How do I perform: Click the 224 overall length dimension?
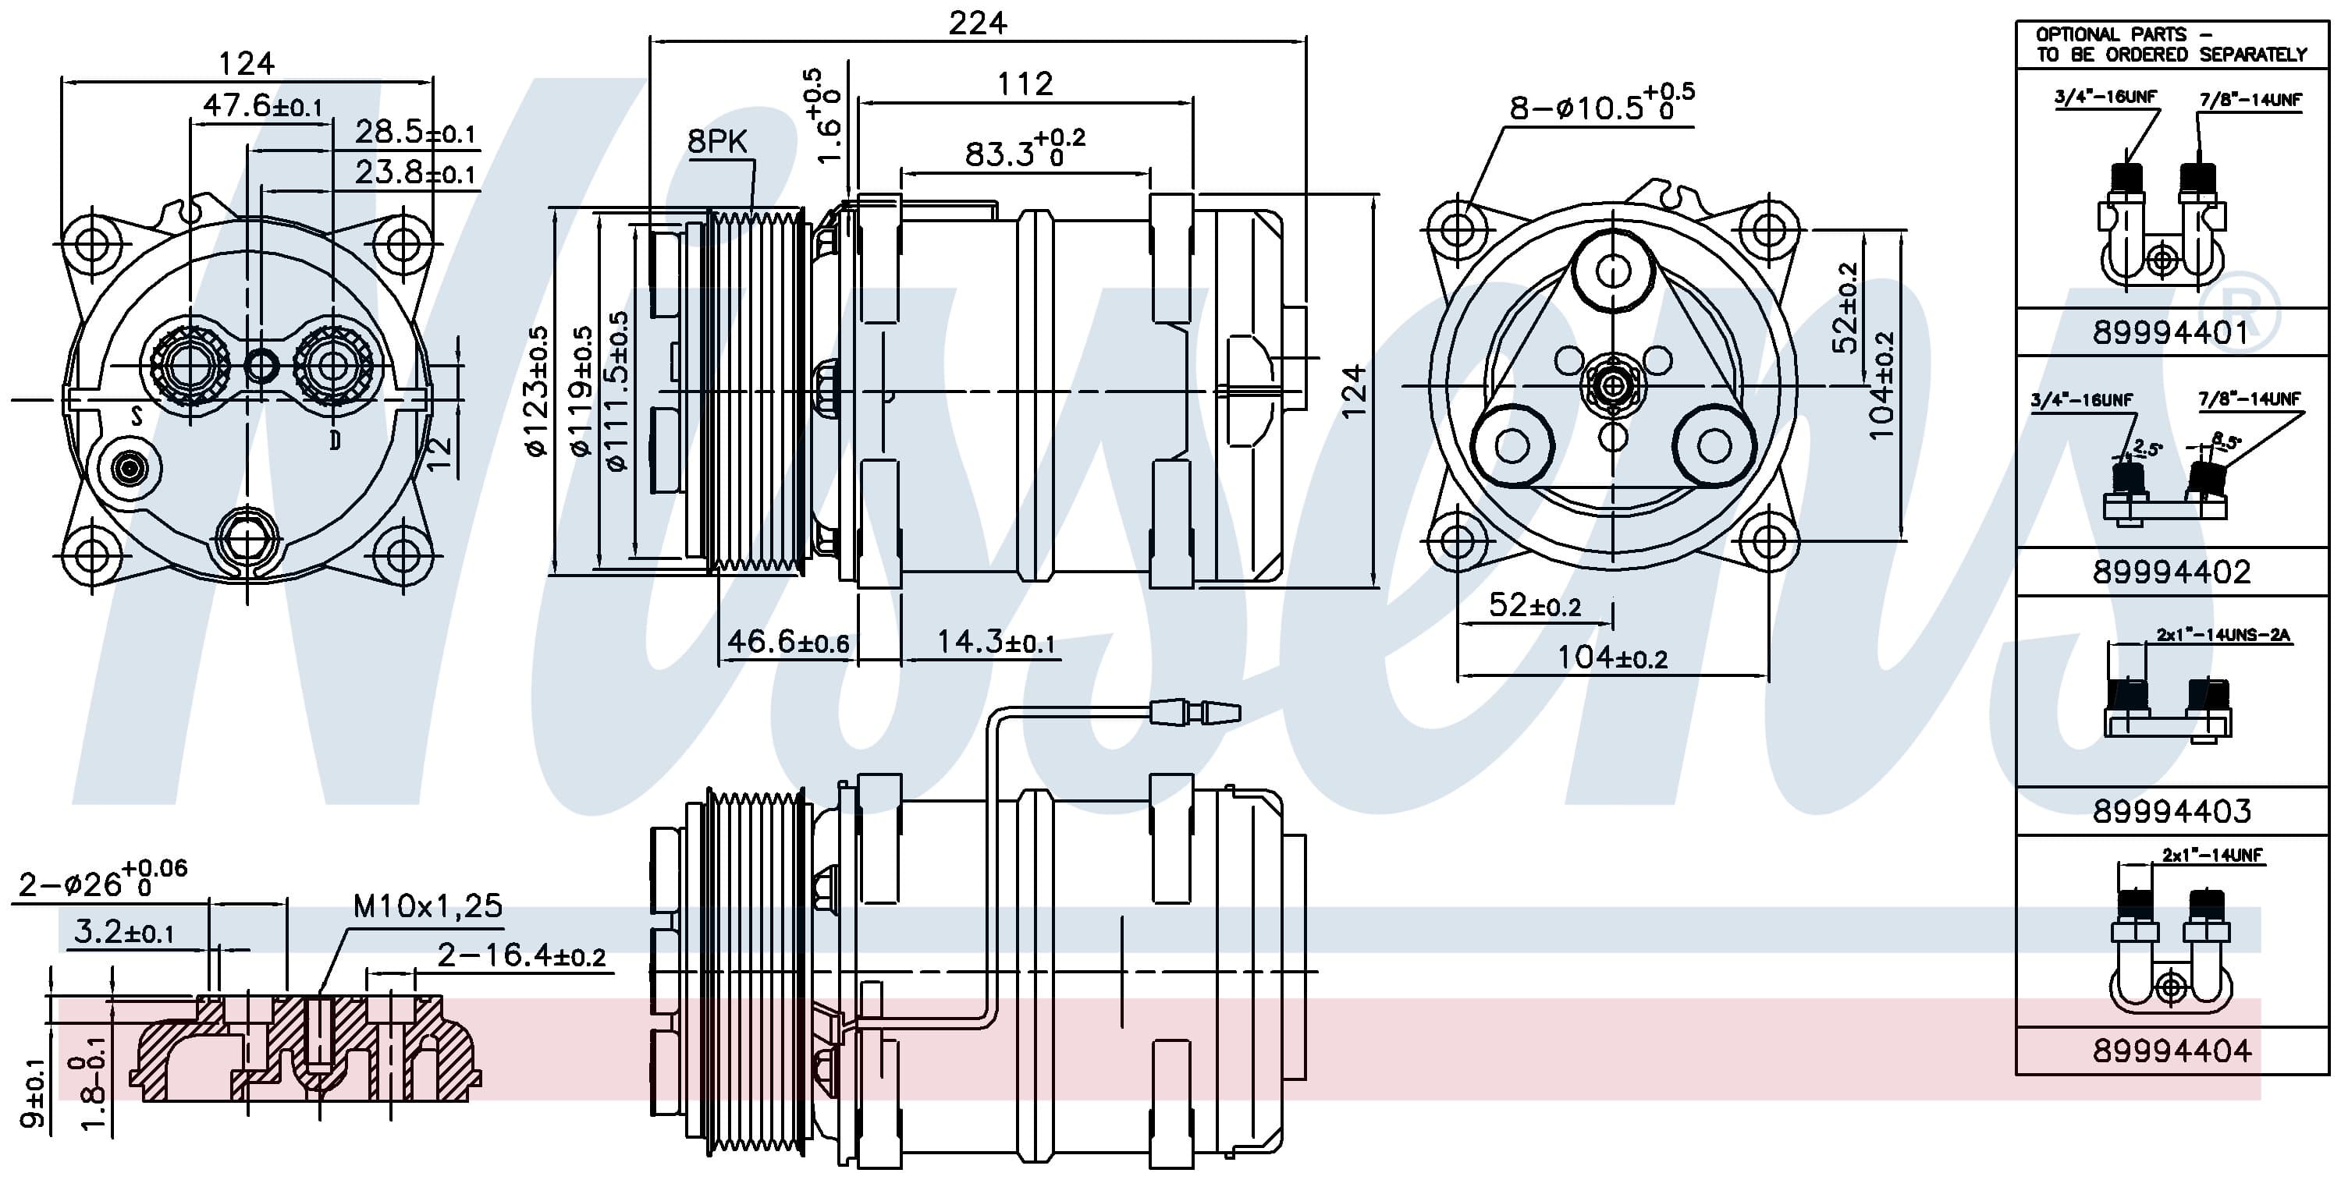(978, 23)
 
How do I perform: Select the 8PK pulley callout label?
(717, 142)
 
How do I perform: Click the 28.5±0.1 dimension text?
(415, 133)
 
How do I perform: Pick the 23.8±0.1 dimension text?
(415, 172)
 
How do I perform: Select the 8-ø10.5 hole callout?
(1601, 105)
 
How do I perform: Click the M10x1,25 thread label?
(427, 905)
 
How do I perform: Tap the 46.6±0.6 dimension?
(788, 642)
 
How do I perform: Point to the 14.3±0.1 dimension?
(996, 642)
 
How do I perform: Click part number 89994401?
(2171, 332)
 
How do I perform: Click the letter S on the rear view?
(137, 416)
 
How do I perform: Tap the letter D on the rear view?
(336, 441)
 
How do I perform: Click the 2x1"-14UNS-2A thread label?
(2224, 635)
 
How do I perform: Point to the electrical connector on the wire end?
(1195, 712)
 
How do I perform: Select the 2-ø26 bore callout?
(101, 878)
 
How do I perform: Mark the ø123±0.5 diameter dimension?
(538, 391)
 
